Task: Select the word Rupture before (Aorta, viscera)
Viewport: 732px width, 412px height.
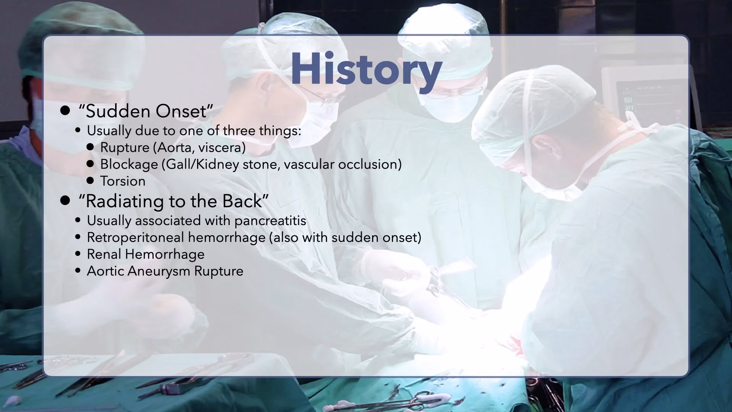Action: [x=125, y=148]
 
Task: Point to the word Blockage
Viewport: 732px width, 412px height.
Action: [x=129, y=164]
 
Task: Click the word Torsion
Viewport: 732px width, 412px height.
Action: [x=123, y=181]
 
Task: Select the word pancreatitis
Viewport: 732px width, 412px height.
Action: [x=270, y=221]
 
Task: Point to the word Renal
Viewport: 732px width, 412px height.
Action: [x=104, y=254]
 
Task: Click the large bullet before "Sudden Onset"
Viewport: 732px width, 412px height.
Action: [x=65, y=111]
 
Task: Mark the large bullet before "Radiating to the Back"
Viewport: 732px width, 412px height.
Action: [x=65, y=201]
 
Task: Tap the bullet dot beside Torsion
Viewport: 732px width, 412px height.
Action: [x=90, y=180]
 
